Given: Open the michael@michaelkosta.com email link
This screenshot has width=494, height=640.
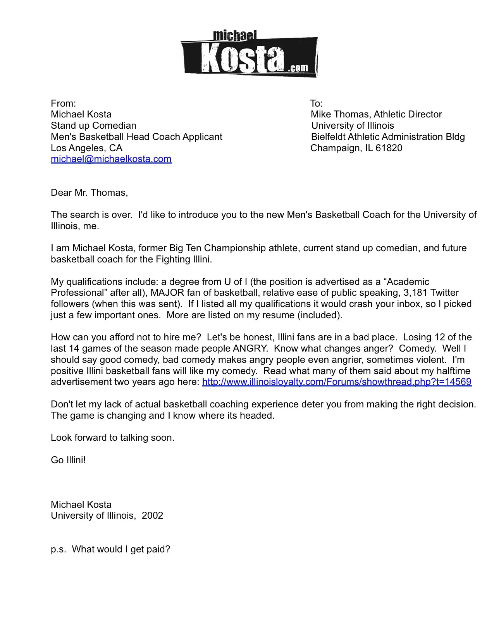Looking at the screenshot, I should click(111, 159).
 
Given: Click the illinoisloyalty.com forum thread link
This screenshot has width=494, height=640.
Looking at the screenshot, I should click(336, 382).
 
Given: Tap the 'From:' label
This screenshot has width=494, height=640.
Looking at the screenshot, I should click(63, 104).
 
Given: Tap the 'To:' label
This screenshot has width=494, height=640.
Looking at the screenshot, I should click(316, 104).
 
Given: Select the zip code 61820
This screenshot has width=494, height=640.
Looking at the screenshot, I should click(389, 148).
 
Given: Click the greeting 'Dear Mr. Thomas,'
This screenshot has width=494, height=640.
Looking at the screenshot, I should click(89, 193).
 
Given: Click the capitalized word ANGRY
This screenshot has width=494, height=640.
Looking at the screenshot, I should click(250, 348).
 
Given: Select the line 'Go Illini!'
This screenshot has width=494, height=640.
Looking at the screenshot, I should click(68, 460).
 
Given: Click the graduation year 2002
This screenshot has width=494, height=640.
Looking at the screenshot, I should click(152, 516).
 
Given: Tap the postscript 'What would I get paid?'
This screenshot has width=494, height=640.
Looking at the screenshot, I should click(121, 549).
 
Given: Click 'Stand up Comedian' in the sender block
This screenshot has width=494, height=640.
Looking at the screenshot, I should click(93, 126).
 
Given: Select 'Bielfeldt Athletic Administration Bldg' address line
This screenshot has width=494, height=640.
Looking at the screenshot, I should click(387, 137).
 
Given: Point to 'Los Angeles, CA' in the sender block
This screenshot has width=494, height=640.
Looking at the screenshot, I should click(86, 148).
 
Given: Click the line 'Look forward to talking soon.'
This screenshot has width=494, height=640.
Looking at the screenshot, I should click(112, 438).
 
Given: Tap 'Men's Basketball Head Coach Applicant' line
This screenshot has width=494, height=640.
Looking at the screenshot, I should click(136, 137).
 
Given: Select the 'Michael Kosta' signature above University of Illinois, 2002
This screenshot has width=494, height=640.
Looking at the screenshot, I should click(81, 505).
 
